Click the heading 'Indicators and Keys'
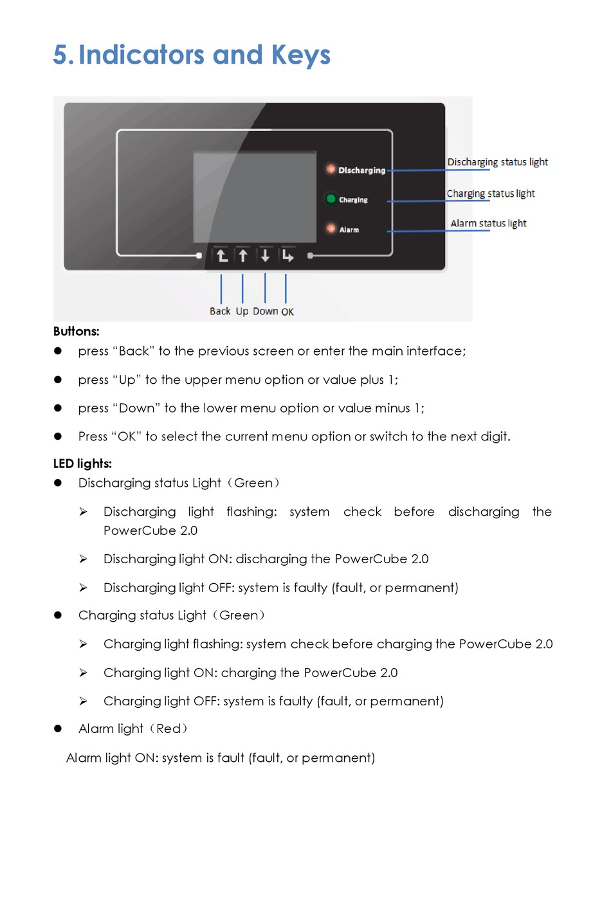[x=204, y=55]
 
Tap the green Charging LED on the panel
[x=331, y=199]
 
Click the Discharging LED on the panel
[x=331, y=169]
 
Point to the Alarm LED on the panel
[x=331, y=228]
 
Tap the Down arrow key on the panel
[x=265, y=256]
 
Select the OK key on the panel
[x=287, y=256]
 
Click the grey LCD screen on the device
[x=255, y=196]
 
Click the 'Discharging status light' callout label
[x=497, y=162]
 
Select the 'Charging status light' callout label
[x=491, y=194]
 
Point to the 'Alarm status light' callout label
[x=488, y=223]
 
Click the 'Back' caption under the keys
[x=220, y=311]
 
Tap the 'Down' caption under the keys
[x=265, y=311]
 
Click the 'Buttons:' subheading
[x=77, y=331]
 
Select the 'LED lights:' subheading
[x=82, y=464]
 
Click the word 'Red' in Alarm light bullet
[x=169, y=728]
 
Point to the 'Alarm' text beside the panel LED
[x=349, y=230]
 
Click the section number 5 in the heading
[x=60, y=55]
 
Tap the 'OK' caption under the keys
[x=287, y=312]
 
